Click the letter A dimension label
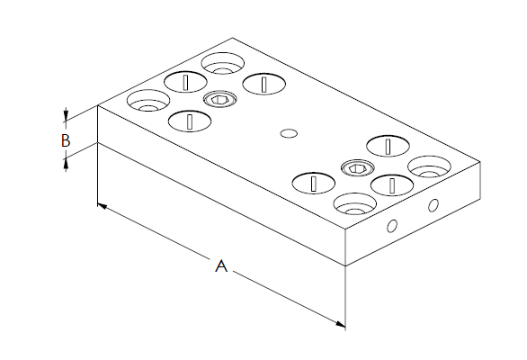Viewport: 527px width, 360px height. coord(221,265)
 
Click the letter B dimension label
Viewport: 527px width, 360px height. coord(66,140)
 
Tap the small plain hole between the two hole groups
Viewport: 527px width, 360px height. coord(289,133)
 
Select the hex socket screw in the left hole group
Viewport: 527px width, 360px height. coord(220,99)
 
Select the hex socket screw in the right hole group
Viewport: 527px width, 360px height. coord(358,168)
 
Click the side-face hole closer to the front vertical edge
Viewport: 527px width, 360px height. coord(392,226)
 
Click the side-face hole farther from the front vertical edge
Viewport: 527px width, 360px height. coord(433,205)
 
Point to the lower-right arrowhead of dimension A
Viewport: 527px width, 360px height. coord(340,324)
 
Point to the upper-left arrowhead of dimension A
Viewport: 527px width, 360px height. coord(103,206)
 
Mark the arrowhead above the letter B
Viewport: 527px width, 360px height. coord(66,114)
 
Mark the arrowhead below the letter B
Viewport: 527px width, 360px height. coord(66,165)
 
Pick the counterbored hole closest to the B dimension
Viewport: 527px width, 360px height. coord(148,101)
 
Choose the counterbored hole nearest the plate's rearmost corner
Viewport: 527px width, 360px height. coord(222,64)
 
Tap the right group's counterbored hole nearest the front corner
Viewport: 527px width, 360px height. coord(355,204)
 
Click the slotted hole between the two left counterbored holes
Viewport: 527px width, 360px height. coord(185,82)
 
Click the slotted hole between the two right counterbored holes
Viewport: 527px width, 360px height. coord(392,185)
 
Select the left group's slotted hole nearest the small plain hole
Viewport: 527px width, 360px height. coord(264,84)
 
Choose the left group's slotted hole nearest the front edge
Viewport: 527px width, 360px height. coord(190,121)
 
